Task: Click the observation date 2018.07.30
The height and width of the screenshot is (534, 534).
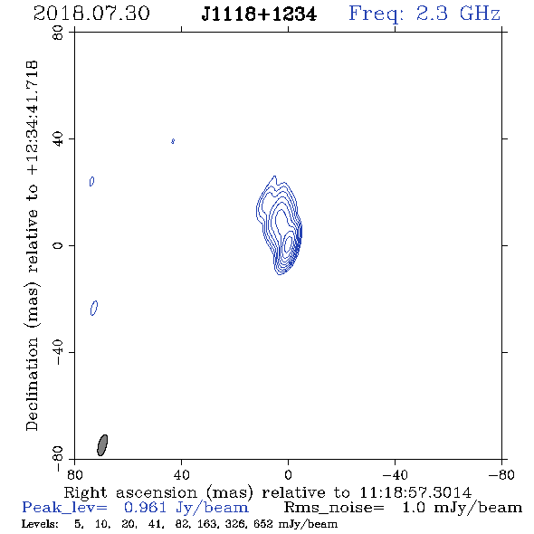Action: (91, 14)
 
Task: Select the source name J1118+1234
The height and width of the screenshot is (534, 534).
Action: (259, 14)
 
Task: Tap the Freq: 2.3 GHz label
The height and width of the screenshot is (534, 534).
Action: (424, 14)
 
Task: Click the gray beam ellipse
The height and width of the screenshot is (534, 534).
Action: (102, 445)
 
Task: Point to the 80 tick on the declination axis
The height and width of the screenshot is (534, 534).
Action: (58, 33)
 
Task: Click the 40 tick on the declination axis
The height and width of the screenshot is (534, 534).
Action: (58, 139)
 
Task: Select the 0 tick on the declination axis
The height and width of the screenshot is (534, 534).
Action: (58, 245)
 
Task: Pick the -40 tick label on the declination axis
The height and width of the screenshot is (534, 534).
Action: (58, 352)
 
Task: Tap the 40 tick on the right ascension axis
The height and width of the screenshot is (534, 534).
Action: (181, 475)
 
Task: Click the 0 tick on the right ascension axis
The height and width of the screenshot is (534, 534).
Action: (288, 475)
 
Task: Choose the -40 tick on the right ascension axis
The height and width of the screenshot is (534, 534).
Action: (395, 475)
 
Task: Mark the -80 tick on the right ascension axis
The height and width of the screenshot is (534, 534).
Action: (501, 475)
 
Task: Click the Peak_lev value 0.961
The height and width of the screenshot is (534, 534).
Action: (145, 508)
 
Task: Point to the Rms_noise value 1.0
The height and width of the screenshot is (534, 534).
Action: (414, 508)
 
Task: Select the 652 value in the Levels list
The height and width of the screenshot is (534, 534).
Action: (263, 523)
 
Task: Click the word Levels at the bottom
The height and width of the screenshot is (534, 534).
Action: (39, 523)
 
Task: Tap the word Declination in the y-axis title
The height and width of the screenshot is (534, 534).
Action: (32, 384)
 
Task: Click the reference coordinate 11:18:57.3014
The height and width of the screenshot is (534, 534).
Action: (415, 492)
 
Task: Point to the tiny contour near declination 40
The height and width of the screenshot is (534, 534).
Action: (173, 141)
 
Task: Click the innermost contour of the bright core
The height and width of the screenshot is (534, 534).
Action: (288, 243)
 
